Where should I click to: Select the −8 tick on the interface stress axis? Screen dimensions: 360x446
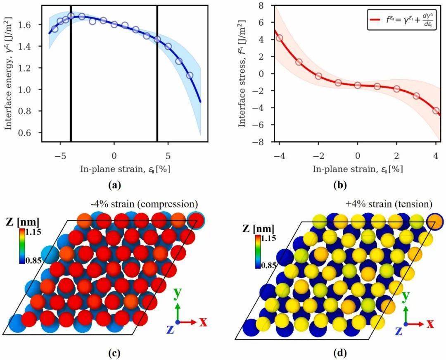point(259,142)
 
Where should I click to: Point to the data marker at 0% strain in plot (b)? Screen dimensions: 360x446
point(358,86)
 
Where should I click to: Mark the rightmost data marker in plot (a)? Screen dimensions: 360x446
point(190,76)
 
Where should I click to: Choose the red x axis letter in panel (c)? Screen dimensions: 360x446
point(203,322)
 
